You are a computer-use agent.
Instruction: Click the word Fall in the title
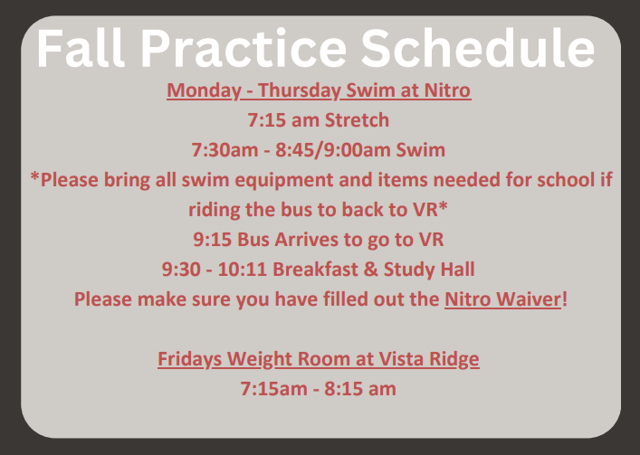pos(79,49)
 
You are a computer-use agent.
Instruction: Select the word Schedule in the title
pos(480,49)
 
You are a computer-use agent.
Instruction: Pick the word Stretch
pos(357,119)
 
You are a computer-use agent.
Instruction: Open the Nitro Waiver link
pos(502,299)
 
